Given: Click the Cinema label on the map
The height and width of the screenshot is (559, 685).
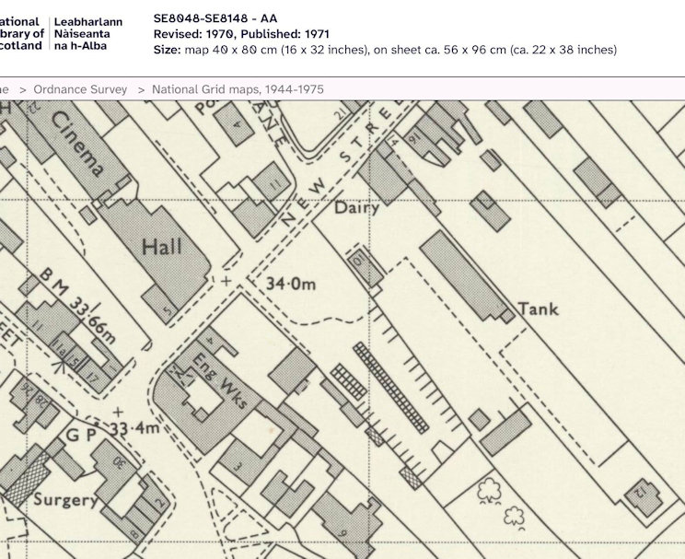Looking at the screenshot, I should tap(78, 148).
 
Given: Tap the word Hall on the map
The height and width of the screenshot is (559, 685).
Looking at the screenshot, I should tap(162, 247).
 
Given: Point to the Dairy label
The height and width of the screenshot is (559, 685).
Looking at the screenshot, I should tap(356, 208).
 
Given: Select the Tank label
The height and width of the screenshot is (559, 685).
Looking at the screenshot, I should tap(538, 309).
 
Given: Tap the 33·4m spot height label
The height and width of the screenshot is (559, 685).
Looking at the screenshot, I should tap(135, 428).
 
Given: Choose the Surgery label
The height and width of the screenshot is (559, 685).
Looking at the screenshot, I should tap(65, 500).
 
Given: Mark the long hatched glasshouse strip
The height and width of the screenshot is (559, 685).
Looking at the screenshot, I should tap(391, 388).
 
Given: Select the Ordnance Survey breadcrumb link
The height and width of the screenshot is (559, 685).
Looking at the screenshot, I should tap(82, 89).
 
